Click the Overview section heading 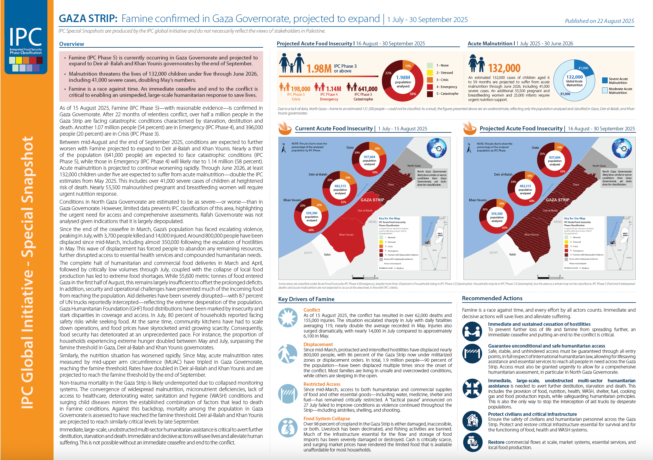point(72,44)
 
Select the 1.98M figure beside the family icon point(319,69)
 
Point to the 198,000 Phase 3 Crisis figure point(300,89)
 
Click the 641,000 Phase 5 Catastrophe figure point(368,89)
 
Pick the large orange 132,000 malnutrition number point(504,68)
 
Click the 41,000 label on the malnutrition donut point(583,68)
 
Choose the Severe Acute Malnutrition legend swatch point(605,80)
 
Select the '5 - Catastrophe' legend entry point(447,94)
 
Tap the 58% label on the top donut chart point(413,94)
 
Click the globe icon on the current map point(436,148)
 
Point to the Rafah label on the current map point(327,255)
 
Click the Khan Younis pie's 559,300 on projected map point(497,214)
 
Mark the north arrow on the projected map point(469,148)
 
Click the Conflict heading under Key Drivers point(312,310)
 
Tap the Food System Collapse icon point(288,428)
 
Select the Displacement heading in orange point(318,344)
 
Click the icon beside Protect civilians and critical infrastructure point(472,421)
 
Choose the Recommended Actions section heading point(492,298)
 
